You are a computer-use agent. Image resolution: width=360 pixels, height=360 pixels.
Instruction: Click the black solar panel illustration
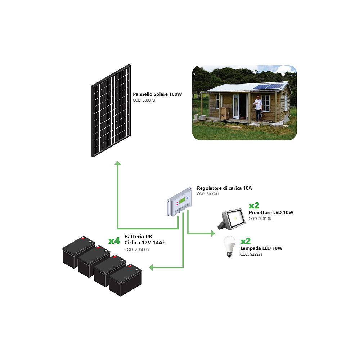[111, 111]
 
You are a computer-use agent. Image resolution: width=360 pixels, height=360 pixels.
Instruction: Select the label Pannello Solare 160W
[157, 94]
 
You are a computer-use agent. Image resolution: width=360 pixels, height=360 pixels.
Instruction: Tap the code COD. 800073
[144, 100]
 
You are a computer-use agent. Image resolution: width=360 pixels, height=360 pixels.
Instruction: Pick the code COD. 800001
[208, 194]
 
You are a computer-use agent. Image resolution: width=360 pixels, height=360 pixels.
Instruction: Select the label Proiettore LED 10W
[271, 213]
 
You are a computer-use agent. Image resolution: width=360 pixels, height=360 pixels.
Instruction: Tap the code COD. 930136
[260, 219]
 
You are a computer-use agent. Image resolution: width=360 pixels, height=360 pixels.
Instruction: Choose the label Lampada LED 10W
[261, 248]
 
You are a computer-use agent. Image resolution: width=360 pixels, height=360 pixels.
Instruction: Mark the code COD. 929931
[251, 255]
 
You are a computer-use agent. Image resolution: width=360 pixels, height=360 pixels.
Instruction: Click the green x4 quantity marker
[114, 240]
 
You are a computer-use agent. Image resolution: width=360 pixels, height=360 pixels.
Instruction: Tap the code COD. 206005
[136, 249]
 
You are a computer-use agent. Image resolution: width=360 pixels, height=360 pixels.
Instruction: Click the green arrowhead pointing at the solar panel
[117, 163]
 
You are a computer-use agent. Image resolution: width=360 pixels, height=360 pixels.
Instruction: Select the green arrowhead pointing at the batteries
[152, 267]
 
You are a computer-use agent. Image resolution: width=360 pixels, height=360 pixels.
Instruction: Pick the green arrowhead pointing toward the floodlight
[212, 234]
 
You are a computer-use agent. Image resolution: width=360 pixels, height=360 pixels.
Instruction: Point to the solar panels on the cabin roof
[267, 87]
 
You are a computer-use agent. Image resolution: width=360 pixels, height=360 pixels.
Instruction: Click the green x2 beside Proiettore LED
[254, 206]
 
